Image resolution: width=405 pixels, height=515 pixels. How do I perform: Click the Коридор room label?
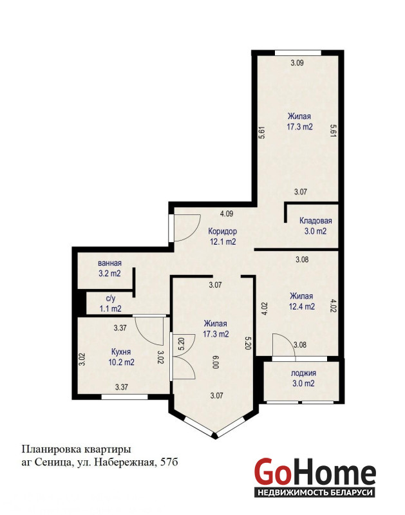222,231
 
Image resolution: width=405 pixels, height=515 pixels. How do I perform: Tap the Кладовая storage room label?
316,221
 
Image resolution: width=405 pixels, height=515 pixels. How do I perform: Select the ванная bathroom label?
109,263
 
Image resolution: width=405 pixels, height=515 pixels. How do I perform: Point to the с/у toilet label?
111,299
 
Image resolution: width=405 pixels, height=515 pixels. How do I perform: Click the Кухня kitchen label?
121,351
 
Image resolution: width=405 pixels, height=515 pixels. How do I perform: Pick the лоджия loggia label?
303,373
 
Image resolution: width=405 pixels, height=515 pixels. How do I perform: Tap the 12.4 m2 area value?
302,307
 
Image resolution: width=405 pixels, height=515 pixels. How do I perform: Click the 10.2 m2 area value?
121,362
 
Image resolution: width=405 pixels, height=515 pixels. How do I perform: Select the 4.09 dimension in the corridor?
227,214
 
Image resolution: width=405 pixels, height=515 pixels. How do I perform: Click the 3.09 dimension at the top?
297,62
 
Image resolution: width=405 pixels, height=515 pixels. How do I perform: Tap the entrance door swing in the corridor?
187,228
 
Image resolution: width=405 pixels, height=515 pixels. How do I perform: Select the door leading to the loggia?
284,345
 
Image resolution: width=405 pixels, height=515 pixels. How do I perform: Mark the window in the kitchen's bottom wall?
124,397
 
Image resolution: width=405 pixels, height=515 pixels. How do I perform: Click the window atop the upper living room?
298,53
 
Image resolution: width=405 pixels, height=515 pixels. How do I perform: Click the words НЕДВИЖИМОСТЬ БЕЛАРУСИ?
315,492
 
